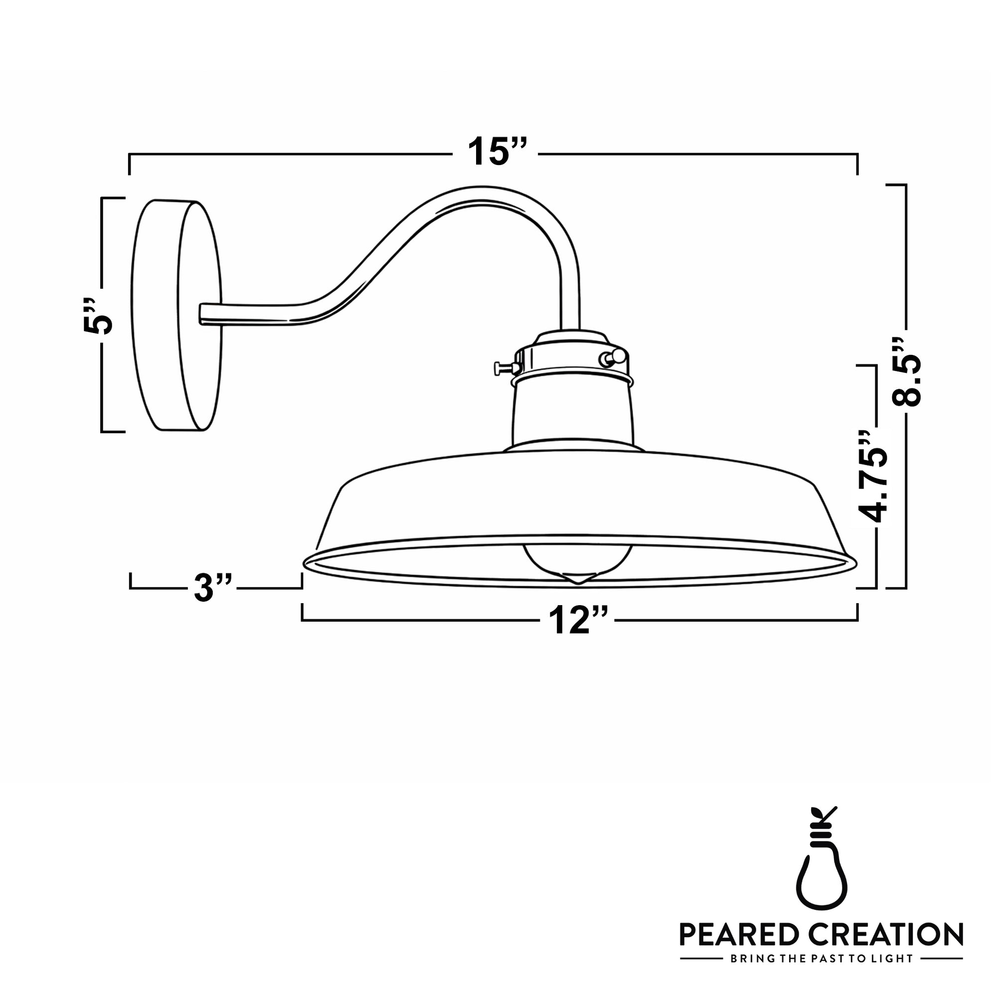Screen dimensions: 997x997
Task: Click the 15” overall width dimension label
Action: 497,152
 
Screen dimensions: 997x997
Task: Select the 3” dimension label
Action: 213,588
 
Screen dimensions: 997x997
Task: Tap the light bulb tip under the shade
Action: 578,578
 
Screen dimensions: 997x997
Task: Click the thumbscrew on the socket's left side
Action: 505,368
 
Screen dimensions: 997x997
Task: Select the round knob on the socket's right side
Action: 617,356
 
